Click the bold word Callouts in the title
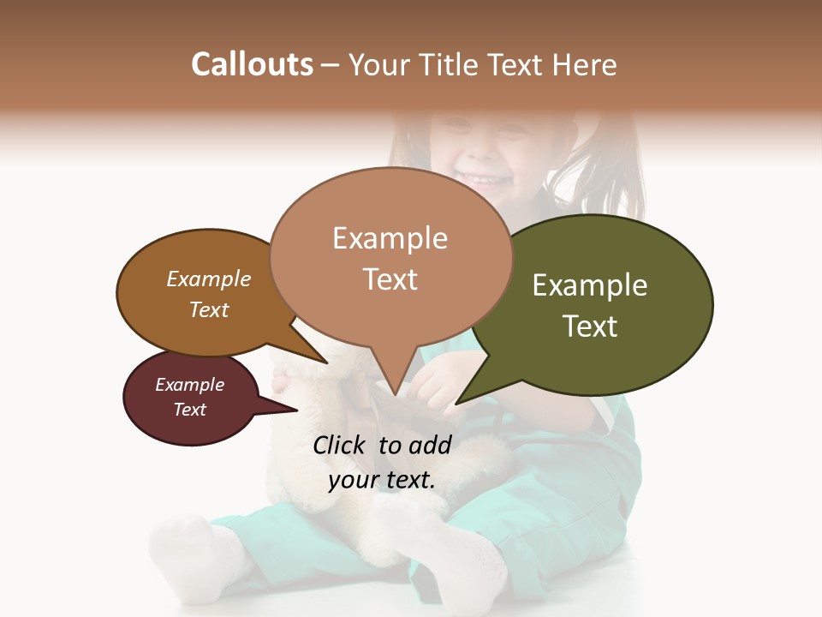[x=252, y=64]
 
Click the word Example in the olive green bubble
[x=590, y=285]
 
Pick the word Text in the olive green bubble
[x=590, y=326]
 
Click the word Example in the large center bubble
[x=390, y=238]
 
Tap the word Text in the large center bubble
[x=390, y=279]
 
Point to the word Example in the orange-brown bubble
[x=208, y=279]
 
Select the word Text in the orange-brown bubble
[x=208, y=309]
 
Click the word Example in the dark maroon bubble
[x=189, y=385]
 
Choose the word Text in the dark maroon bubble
[x=189, y=410]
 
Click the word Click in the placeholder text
[x=342, y=445]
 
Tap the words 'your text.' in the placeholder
[x=382, y=481]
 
